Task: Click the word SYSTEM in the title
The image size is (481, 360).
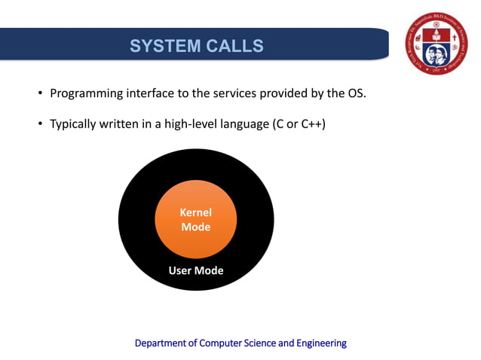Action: pos(161,46)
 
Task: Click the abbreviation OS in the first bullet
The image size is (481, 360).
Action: pos(354,94)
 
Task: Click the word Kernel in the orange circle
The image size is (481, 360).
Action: pos(195,212)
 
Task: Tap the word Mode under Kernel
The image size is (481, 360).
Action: pos(195,227)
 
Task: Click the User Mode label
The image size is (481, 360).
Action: pos(195,270)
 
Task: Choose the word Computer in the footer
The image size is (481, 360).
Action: pos(222,343)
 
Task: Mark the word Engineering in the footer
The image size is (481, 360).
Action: pos(322,343)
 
